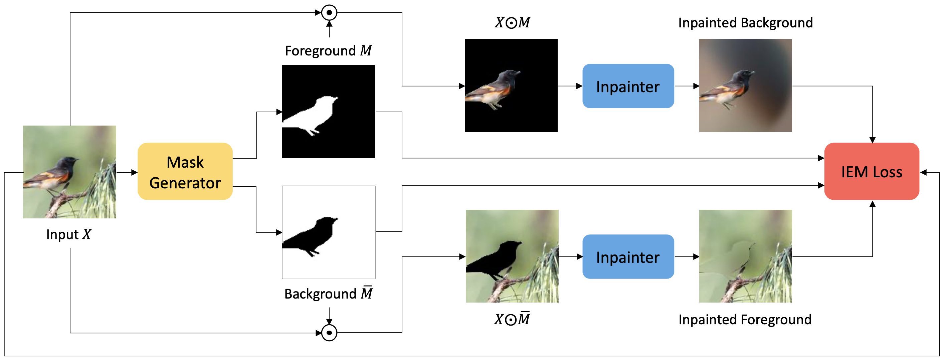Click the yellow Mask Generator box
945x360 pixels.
(x=185, y=171)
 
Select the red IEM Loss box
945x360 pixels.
(x=872, y=171)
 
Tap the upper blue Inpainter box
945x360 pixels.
(x=628, y=86)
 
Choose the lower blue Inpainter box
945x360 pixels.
(x=628, y=257)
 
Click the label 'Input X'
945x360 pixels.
(x=68, y=234)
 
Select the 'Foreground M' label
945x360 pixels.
(x=328, y=51)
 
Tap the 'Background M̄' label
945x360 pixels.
(x=328, y=293)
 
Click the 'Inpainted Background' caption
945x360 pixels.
(x=745, y=23)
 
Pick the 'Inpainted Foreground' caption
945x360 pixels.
(x=745, y=320)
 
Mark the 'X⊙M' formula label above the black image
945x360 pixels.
(x=513, y=23)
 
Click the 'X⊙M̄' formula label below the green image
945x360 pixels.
(x=512, y=319)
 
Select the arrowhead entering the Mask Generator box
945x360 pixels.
(x=135, y=172)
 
